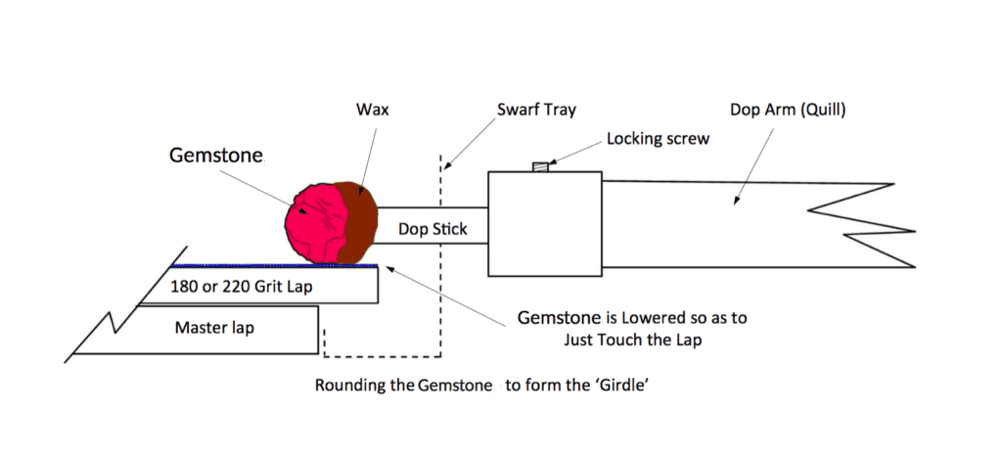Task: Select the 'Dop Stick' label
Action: pyautogui.click(x=433, y=231)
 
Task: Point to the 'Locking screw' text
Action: pyautogui.click(x=658, y=139)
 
